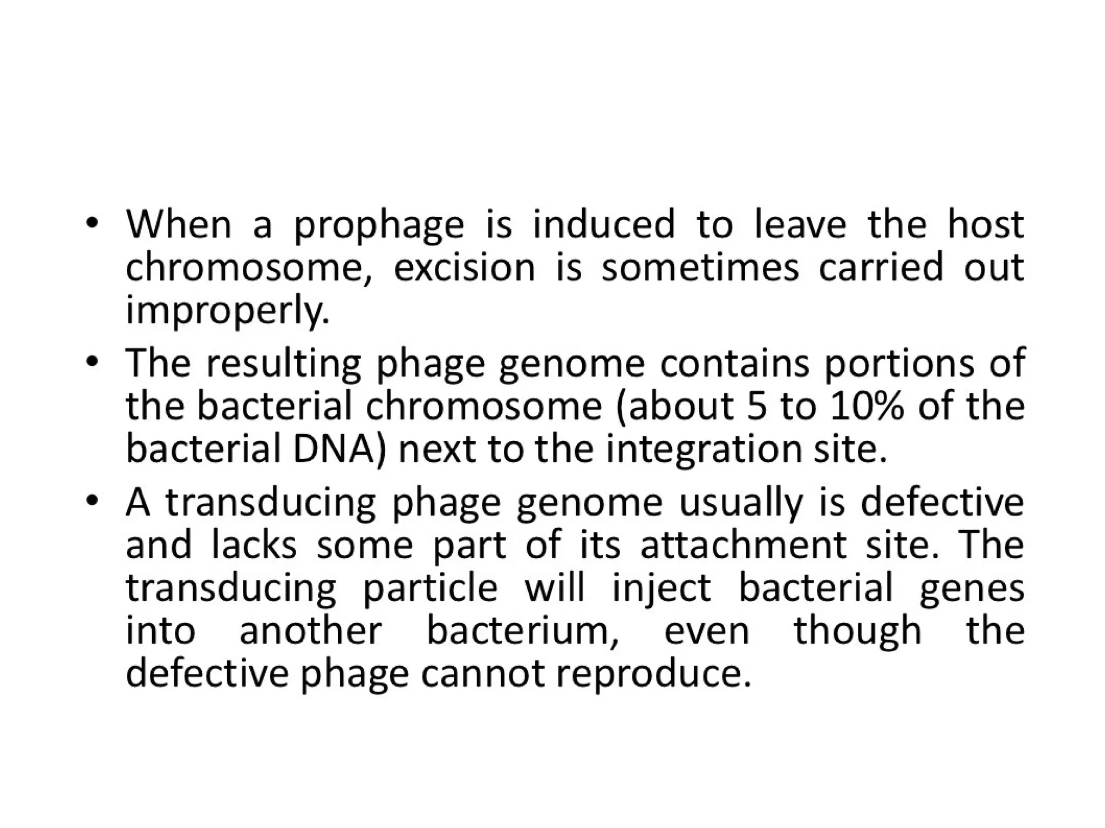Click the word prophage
click(378, 226)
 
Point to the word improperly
click(227, 312)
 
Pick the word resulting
click(283, 364)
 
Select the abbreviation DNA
click(340, 449)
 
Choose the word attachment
click(744, 545)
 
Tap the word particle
click(430, 589)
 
